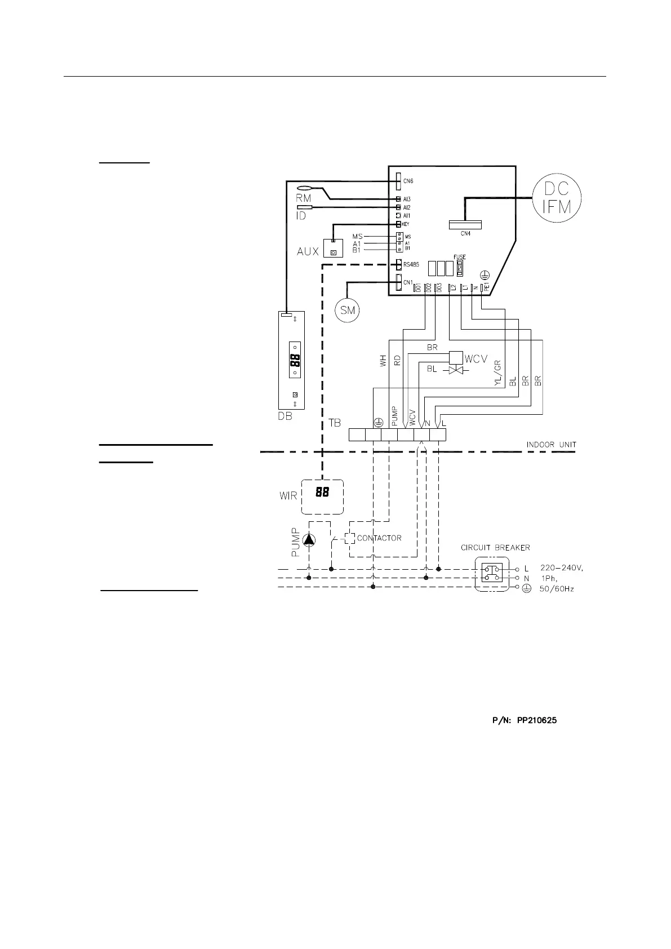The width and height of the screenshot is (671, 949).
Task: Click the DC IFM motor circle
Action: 557,199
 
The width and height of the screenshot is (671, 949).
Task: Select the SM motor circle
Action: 348,310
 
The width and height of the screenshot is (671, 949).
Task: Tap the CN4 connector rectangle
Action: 465,224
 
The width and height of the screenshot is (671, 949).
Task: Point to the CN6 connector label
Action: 408,181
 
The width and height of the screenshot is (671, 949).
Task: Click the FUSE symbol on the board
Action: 459,268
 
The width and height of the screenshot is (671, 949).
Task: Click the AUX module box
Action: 333,249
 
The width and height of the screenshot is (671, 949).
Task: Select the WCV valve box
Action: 455,357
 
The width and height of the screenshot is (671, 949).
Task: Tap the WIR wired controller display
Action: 322,496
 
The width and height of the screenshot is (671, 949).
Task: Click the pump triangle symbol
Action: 309,540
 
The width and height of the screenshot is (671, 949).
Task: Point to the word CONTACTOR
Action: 379,538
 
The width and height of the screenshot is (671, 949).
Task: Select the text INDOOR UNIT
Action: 551,445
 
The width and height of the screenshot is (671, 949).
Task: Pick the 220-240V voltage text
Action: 562,568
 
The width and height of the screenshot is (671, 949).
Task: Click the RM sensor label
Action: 304,198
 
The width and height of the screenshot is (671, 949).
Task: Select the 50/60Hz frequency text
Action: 557,589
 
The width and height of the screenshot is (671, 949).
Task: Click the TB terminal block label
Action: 335,422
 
